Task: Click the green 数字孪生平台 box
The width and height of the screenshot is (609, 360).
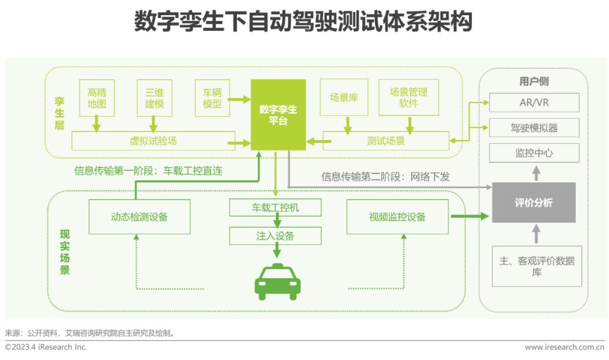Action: [278, 115]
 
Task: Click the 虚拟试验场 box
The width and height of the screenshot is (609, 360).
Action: [153, 141]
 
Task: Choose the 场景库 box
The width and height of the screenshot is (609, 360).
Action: [344, 97]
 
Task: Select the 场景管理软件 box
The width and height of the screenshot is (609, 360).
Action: [408, 97]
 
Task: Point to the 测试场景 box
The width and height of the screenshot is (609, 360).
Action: [386, 141]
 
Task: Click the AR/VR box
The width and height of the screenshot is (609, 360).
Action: [534, 103]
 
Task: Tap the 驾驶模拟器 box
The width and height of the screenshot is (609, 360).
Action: [534, 128]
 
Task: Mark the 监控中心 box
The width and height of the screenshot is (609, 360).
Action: [534, 153]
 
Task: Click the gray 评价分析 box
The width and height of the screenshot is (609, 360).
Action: [533, 203]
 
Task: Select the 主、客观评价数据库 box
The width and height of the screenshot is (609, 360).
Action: [536, 266]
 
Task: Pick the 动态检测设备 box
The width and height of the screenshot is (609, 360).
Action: [139, 217]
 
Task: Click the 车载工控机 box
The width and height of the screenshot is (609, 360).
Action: [275, 208]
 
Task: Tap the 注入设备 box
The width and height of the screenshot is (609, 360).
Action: [275, 236]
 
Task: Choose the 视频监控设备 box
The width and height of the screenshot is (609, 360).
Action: [398, 217]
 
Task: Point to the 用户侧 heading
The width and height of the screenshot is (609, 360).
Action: [533, 81]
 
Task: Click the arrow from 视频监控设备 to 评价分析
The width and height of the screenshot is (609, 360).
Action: [470, 216]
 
